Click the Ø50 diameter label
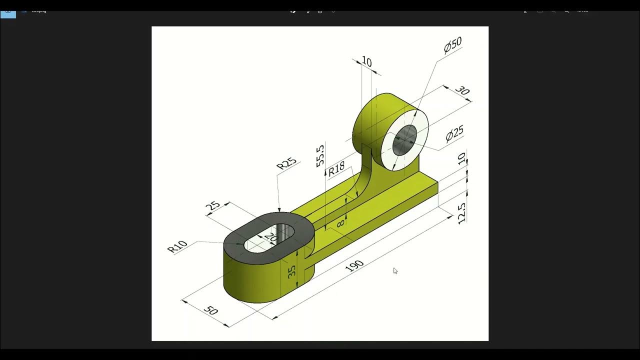pyautogui.click(x=452, y=45)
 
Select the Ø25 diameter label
pyautogui.click(x=454, y=133)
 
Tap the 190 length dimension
pyautogui.click(x=354, y=266)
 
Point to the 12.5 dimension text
pyautogui.click(x=462, y=211)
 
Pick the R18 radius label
pyautogui.click(x=336, y=168)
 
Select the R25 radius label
pyautogui.click(x=286, y=164)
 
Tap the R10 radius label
pyautogui.click(x=177, y=246)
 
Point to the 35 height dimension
pyautogui.click(x=292, y=270)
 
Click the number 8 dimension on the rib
pyautogui.click(x=340, y=223)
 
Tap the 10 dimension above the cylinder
pyautogui.click(x=366, y=62)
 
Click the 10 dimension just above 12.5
pyautogui.click(x=462, y=159)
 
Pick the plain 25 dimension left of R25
pyautogui.click(x=213, y=205)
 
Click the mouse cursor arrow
pyautogui.click(x=395, y=271)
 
